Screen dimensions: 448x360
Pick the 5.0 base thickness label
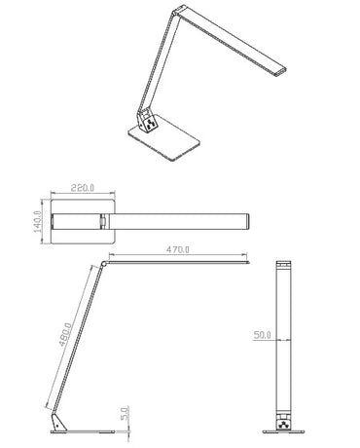pos(124,413)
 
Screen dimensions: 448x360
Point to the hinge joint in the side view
pos(104,263)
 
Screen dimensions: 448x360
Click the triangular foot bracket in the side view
pos(57,421)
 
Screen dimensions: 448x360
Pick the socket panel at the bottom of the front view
pos(285,424)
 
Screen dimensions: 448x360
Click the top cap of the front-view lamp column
pos(285,265)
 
